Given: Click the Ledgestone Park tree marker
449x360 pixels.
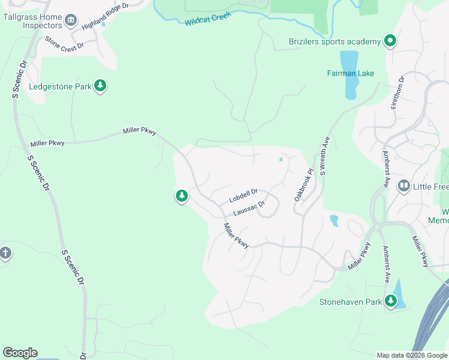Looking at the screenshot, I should pos(100,86).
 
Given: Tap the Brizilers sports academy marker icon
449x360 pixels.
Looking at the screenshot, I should pos(390,41).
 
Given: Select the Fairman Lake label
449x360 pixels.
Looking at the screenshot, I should pos(351,73).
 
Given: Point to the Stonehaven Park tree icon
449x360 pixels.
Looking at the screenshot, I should pos(391,301).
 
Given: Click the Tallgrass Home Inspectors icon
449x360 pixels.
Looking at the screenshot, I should pos(71,21).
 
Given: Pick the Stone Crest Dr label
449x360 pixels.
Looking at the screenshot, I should pos(63,45).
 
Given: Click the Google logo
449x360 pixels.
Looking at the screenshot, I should pos(20,353).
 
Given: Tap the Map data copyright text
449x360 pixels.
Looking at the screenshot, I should pos(411,355).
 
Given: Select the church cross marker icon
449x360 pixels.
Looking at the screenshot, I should pos(5,253).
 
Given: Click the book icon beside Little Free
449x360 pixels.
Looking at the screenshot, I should pos(403,187).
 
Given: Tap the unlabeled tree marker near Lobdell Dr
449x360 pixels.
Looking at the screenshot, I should pos(181,196).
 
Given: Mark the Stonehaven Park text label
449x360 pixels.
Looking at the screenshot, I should pos(351,302).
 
